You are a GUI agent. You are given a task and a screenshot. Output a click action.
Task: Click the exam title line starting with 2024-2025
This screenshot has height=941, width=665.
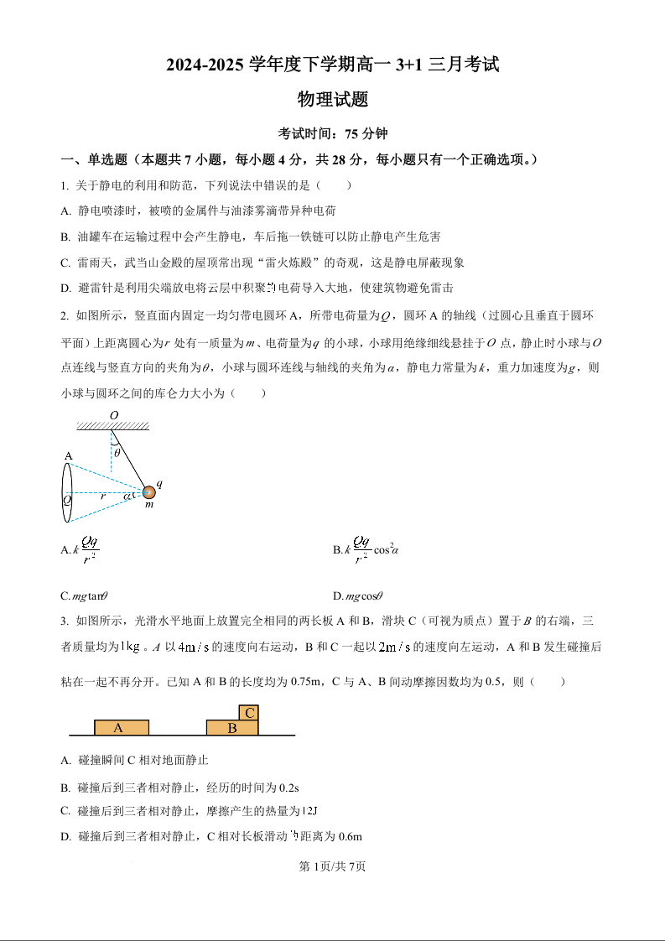[x=332, y=65]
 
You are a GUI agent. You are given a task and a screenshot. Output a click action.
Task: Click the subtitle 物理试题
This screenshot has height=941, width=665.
[x=333, y=100]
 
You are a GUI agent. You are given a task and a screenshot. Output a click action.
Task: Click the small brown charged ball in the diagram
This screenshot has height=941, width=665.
[x=148, y=492]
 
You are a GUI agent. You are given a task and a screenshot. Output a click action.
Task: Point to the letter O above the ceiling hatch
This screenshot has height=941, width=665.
[x=114, y=415]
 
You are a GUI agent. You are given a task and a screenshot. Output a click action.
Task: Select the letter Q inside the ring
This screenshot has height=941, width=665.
[x=66, y=498]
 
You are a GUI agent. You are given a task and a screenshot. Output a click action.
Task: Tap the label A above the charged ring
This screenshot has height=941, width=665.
[x=68, y=455]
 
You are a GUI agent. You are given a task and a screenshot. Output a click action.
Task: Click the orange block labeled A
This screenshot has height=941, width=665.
[x=121, y=727]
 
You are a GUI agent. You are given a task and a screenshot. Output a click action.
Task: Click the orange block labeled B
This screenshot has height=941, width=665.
[x=232, y=728]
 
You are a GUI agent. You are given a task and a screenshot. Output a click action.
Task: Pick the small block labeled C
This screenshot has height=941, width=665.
[x=249, y=712]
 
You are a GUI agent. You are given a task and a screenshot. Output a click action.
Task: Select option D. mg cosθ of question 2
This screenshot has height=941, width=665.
[x=358, y=596]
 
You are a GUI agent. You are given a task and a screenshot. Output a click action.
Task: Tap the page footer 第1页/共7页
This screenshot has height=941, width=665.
[x=332, y=866]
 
